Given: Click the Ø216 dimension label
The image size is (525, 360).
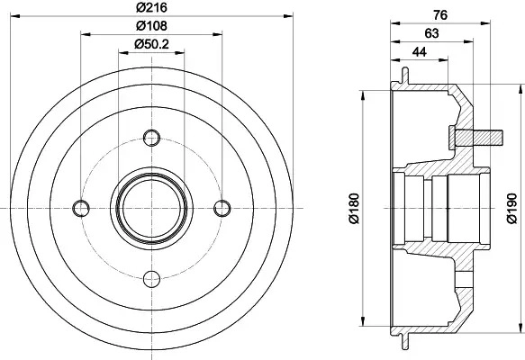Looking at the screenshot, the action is [x=151, y=7].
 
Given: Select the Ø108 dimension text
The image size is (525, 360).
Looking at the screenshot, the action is [x=151, y=26].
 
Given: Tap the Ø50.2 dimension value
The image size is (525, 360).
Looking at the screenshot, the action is [x=151, y=44].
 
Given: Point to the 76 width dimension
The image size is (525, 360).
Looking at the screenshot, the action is [x=440, y=15].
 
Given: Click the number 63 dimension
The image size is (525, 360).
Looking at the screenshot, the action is [x=431, y=33].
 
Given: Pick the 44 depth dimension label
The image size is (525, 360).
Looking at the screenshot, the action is [x=420, y=52].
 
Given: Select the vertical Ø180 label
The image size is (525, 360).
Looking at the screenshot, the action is [x=354, y=208].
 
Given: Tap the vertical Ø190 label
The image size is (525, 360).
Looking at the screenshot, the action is [x=511, y=208].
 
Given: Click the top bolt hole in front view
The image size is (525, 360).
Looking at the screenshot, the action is [x=151, y=138].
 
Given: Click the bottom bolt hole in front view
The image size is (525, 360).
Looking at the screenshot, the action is [x=151, y=279].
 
